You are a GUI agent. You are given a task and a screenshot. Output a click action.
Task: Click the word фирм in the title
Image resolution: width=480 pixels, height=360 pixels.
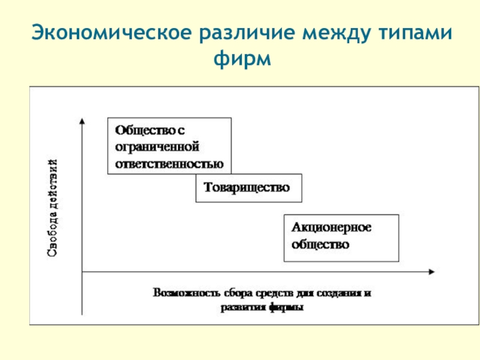[240, 59]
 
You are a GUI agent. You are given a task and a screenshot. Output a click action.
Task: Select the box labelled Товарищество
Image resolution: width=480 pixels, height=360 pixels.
[248, 188]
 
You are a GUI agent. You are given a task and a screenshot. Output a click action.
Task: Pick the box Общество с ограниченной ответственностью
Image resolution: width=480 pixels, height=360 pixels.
[169, 146]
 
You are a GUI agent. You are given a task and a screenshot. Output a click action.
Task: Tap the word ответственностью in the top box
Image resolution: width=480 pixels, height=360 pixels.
[169, 163]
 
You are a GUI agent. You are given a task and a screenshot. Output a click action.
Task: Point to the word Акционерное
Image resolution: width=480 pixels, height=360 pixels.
[332, 228]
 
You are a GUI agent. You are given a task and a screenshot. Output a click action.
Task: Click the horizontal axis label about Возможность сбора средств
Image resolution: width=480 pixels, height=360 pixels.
[262, 300]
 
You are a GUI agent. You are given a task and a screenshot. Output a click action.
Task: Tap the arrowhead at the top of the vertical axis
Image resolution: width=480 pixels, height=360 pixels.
[82, 121]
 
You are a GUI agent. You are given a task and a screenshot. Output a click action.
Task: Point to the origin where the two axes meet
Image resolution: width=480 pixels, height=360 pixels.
[82, 272]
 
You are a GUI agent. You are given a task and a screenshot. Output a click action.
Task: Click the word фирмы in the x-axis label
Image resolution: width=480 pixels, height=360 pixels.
[290, 307]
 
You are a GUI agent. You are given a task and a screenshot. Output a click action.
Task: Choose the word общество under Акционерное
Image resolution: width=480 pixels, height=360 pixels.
[320, 245]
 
